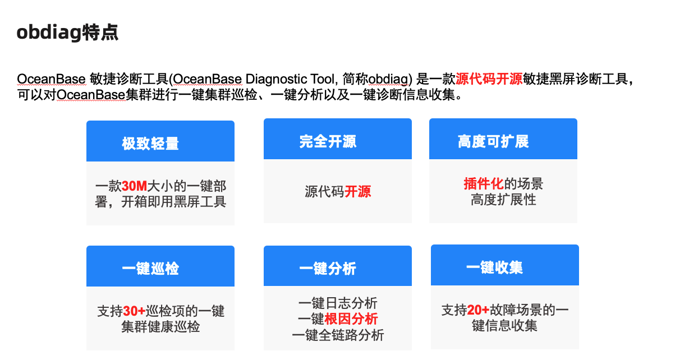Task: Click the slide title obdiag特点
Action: point(67,33)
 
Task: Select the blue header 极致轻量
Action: point(150,144)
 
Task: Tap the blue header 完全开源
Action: point(328,141)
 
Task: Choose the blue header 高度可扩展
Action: point(493,141)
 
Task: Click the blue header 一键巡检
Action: point(150,268)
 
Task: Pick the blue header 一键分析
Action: point(328,269)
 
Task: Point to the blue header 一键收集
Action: point(494,267)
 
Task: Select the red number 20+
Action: point(478,310)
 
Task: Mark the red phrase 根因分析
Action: point(351,320)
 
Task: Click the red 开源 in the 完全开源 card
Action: point(357,192)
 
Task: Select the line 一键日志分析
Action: point(338,304)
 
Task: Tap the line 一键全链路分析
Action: point(338,335)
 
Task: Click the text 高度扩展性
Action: point(503,199)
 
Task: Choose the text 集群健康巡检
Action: point(160,326)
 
